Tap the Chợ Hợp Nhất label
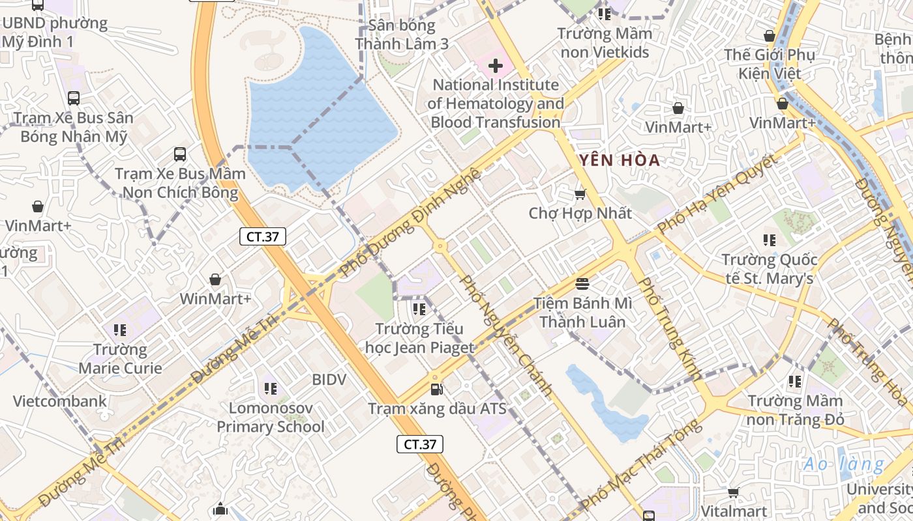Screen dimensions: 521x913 point(580,213)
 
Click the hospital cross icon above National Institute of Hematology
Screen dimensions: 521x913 point(496,66)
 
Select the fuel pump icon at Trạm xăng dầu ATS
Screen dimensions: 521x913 point(437,389)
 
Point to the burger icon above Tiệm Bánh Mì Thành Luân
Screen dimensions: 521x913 point(582,284)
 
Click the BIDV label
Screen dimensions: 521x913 point(329,379)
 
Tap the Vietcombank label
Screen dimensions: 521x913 point(59,401)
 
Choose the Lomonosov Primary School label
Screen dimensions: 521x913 point(270,417)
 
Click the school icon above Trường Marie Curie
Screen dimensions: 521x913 point(119,330)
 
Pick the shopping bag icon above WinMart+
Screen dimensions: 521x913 point(215,280)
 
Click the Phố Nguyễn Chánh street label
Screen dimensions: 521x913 point(506,336)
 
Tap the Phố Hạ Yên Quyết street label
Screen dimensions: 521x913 point(718,193)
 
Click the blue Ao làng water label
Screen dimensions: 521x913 point(844,464)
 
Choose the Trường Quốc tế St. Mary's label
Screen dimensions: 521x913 point(769,269)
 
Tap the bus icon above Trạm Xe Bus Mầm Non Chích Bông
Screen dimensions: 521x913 point(180,154)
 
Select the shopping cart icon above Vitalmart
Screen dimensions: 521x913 point(733,493)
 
